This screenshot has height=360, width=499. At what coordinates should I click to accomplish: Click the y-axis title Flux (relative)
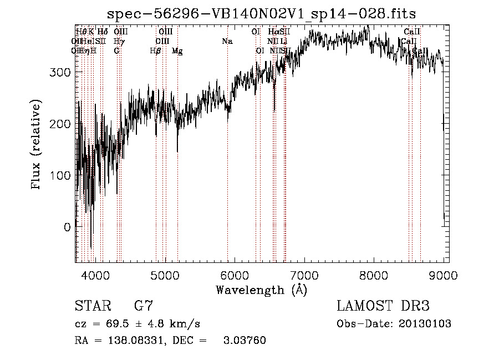click(37, 145)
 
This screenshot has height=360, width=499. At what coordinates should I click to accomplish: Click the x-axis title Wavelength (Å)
click(261, 290)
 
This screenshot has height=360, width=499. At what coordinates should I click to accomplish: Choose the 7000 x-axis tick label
click(304, 275)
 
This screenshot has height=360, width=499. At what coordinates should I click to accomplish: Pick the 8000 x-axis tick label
click(374, 275)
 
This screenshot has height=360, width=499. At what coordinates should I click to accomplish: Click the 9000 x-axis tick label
click(444, 275)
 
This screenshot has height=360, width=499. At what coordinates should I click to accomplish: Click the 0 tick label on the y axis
click(67, 227)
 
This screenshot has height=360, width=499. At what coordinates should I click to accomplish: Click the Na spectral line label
click(227, 41)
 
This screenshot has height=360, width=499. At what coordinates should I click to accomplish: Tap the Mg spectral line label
click(177, 51)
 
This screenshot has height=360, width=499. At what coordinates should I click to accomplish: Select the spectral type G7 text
click(143, 306)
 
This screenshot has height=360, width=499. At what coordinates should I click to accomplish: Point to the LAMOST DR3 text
click(383, 306)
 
